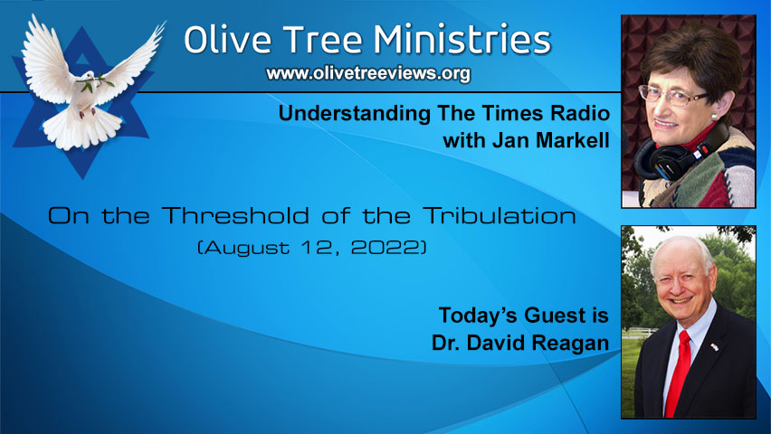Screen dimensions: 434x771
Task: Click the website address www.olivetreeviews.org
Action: tap(367, 74)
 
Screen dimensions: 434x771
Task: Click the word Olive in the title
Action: tap(223, 40)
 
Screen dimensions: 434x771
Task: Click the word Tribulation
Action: tap(503, 217)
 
